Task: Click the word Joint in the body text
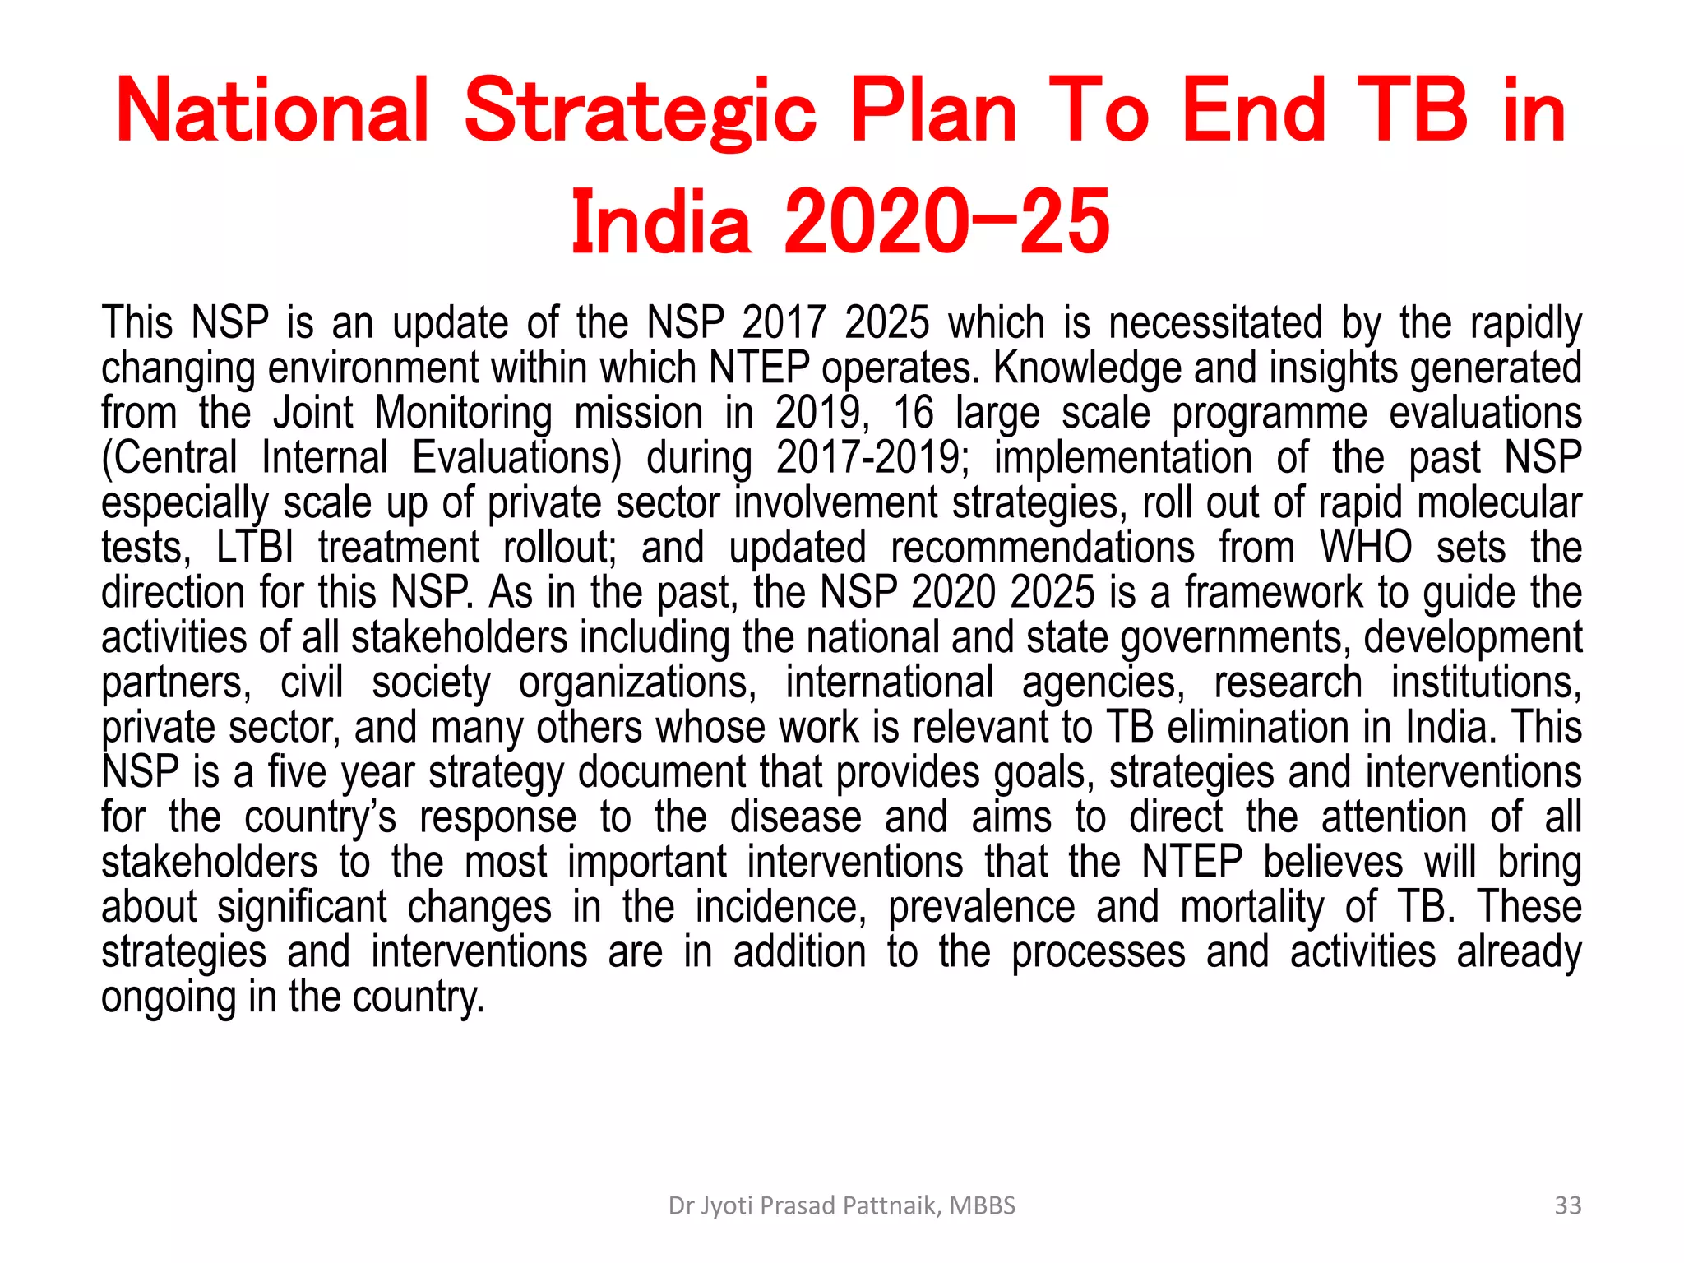click(x=312, y=413)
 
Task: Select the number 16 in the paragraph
click(x=913, y=413)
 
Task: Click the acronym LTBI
click(x=255, y=548)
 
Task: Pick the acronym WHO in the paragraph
click(x=1366, y=548)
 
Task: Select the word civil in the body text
click(x=311, y=682)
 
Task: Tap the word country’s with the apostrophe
click(x=320, y=817)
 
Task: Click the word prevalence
click(x=981, y=907)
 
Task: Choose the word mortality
click(x=1252, y=907)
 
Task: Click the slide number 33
click(x=1568, y=1205)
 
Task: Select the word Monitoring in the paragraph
click(x=463, y=413)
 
